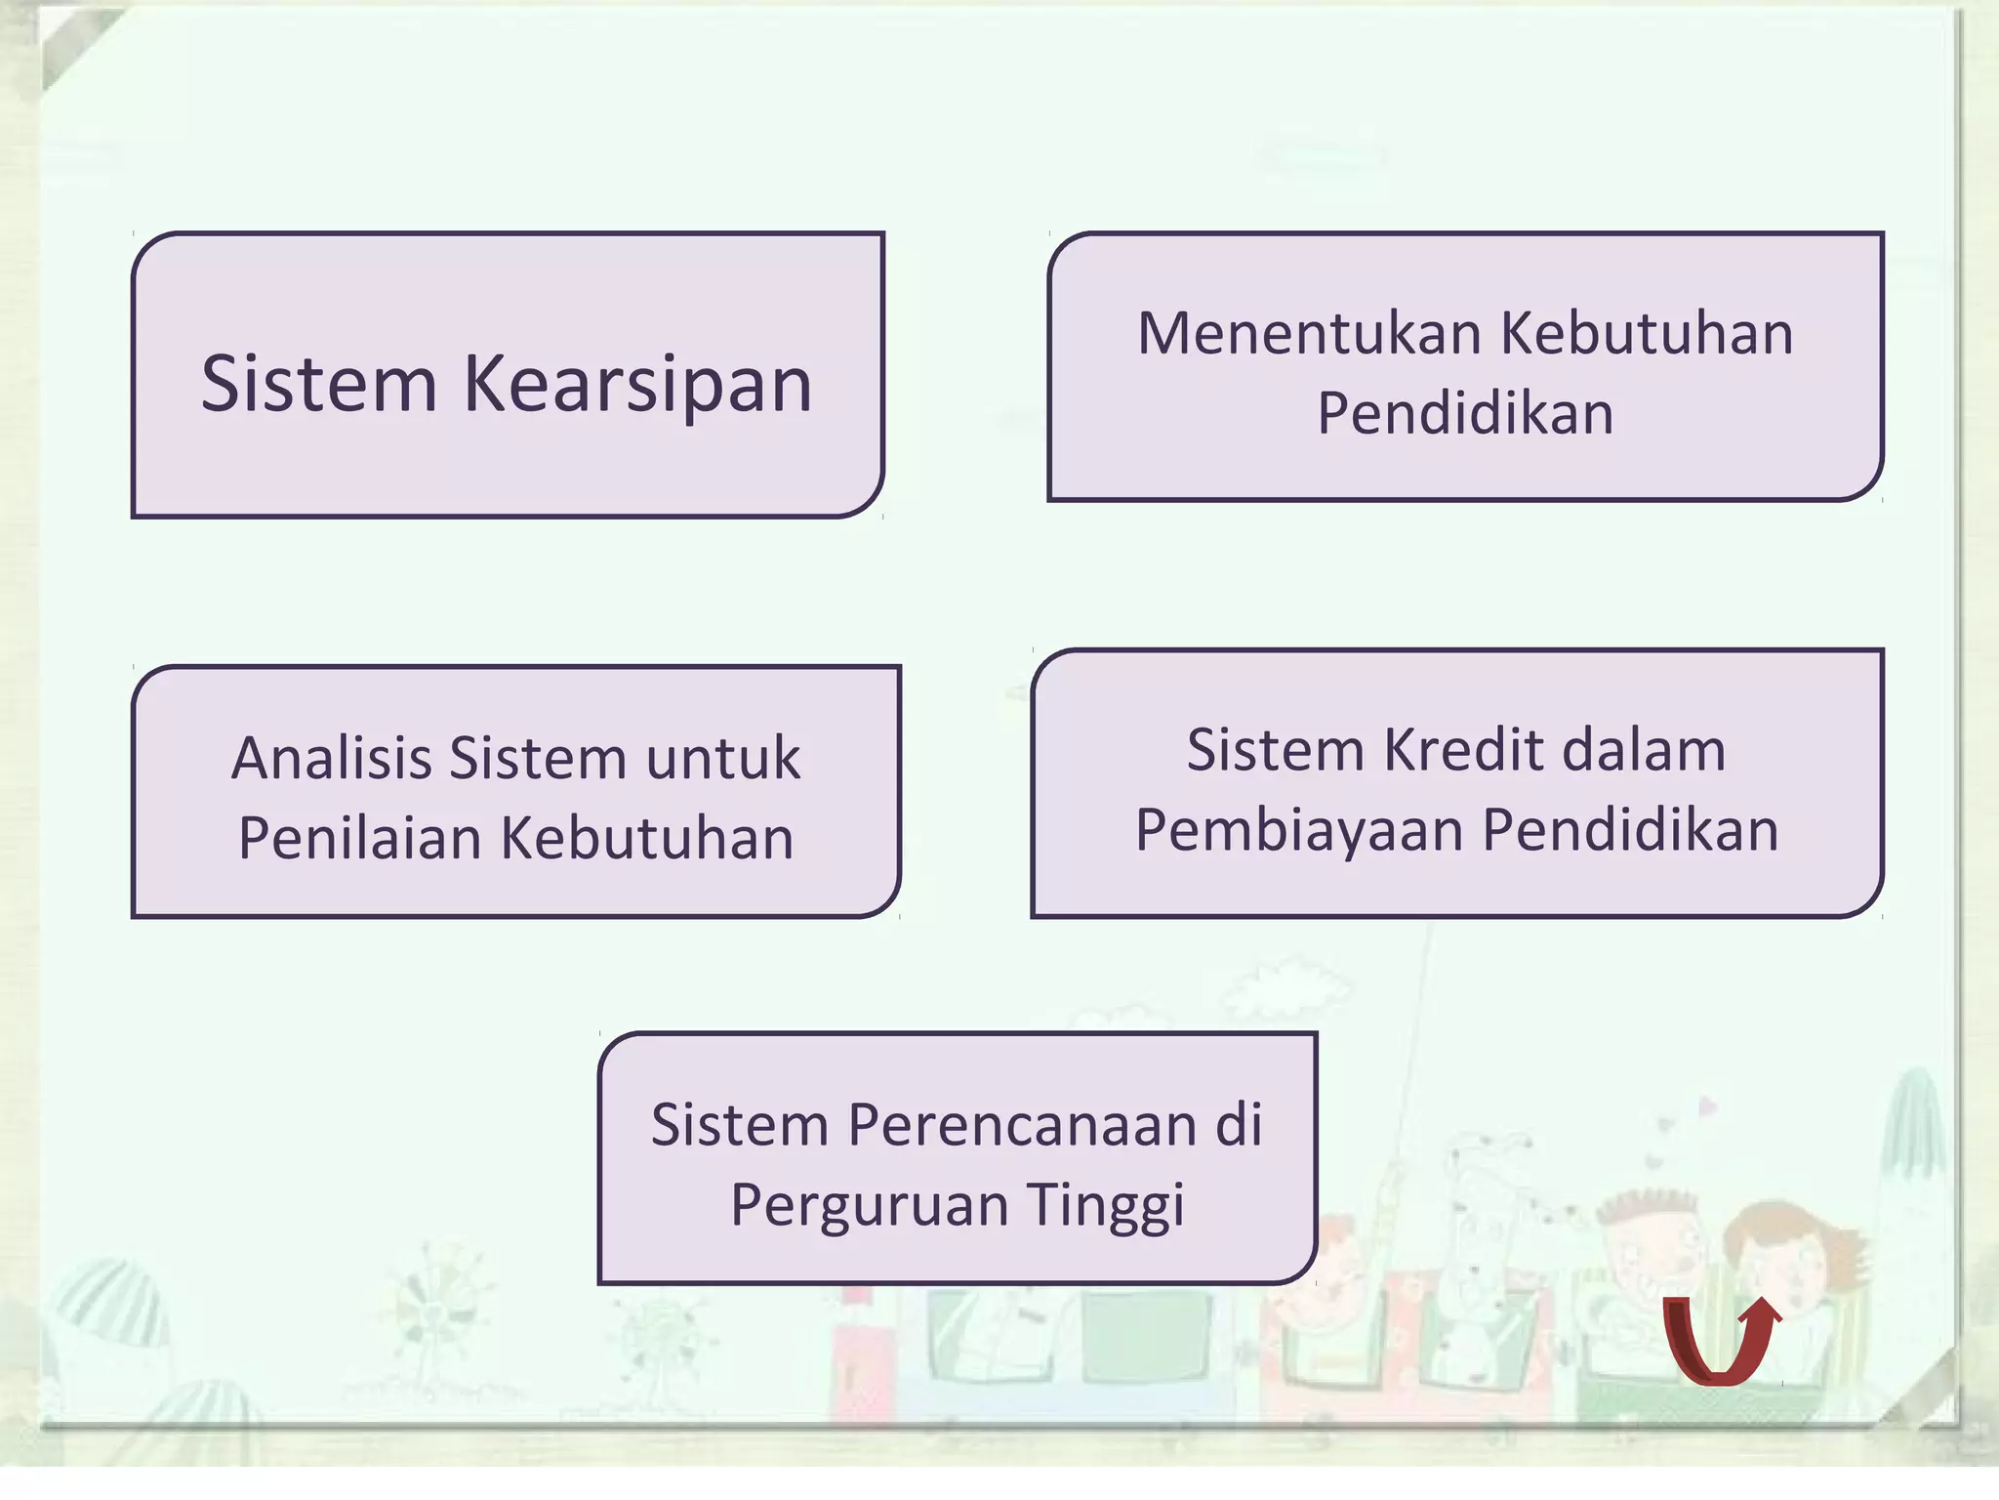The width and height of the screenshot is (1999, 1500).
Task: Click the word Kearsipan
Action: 637,384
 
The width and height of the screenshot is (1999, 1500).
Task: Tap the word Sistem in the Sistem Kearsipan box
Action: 319,384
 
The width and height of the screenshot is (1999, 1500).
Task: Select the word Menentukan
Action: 1310,333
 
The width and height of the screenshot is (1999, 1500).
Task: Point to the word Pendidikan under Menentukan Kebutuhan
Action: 1465,413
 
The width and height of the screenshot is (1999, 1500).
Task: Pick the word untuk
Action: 722,759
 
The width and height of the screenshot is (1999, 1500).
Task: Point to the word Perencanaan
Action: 1022,1125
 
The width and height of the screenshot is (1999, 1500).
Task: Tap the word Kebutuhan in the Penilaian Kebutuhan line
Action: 647,839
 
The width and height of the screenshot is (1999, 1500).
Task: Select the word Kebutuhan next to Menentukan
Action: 1647,333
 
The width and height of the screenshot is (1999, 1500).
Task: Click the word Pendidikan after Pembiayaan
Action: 1630,831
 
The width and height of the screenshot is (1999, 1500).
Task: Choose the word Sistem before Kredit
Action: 1275,751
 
